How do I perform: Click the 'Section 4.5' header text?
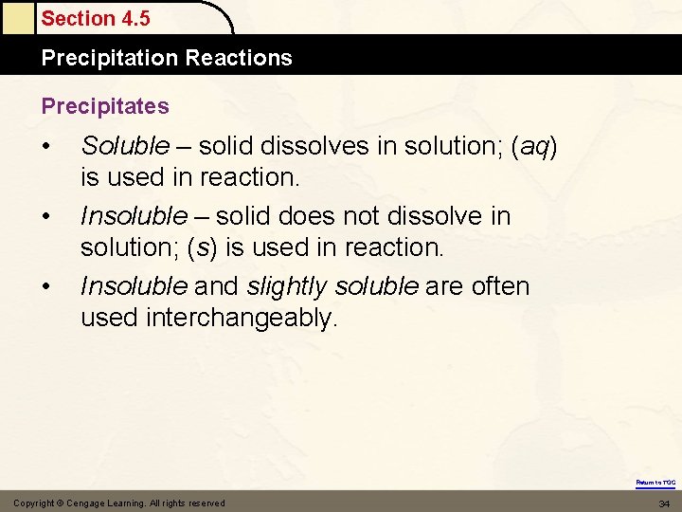[x=96, y=18]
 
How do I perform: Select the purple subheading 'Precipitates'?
[x=105, y=106]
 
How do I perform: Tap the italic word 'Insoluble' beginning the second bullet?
[x=134, y=216]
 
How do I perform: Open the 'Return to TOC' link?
[x=655, y=483]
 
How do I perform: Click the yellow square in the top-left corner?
[x=17, y=17]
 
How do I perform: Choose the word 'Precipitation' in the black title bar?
[x=111, y=58]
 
